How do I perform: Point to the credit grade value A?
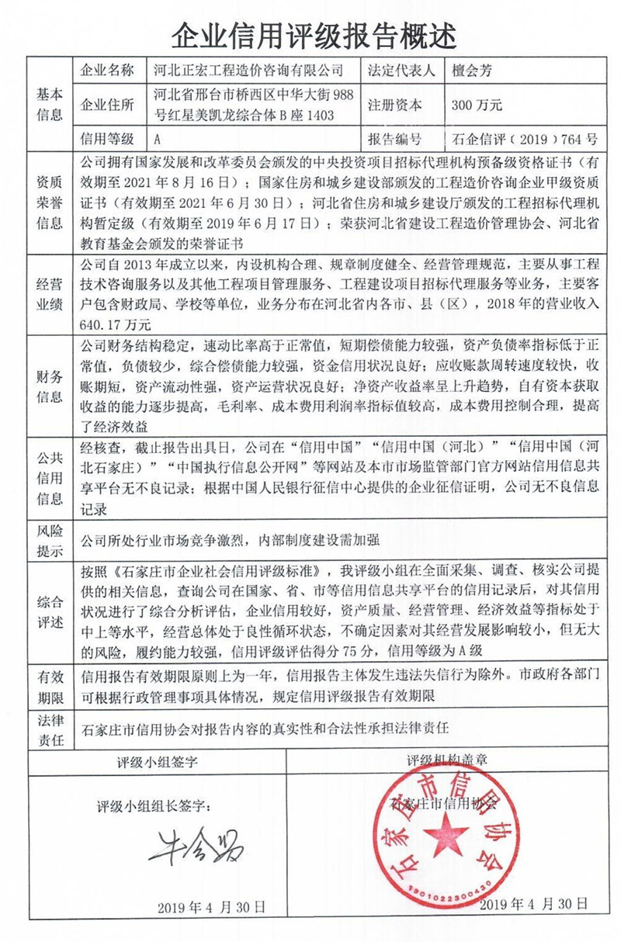(158, 140)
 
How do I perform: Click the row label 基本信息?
(47, 105)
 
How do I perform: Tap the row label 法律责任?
(47, 730)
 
